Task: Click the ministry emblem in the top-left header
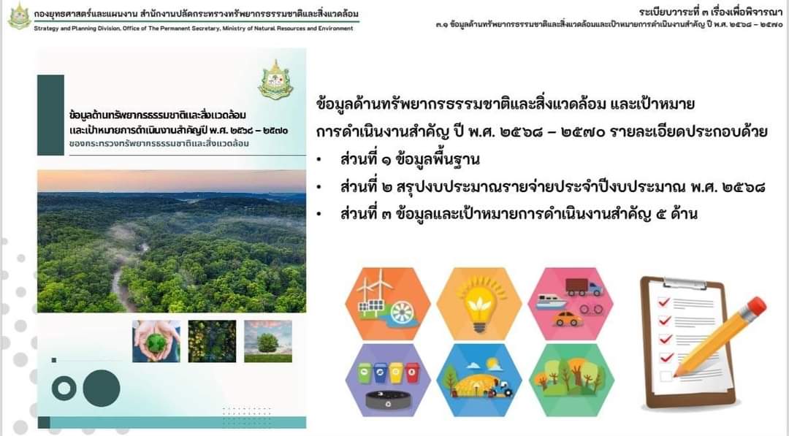click(x=19, y=16)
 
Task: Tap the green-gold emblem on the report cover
click(x=275, y=80)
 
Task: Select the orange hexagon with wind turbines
click(x=387, y=304)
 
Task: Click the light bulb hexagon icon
click(x=479, y=304)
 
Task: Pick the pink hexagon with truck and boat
click(x=571, y=304)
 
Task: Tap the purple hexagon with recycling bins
click(x=387, y=380)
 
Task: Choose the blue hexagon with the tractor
click(x=479, y=380)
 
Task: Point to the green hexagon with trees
click(x=571, y=380)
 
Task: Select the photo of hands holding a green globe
click(x=156, y=341)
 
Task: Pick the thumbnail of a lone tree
click(x=267, y=341)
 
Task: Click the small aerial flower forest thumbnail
click(x=212, y=341)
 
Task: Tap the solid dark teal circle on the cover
click(x=102, y=389)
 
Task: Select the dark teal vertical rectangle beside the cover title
click(x=50, y=115)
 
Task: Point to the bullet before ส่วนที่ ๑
click(x=319, y=160)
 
